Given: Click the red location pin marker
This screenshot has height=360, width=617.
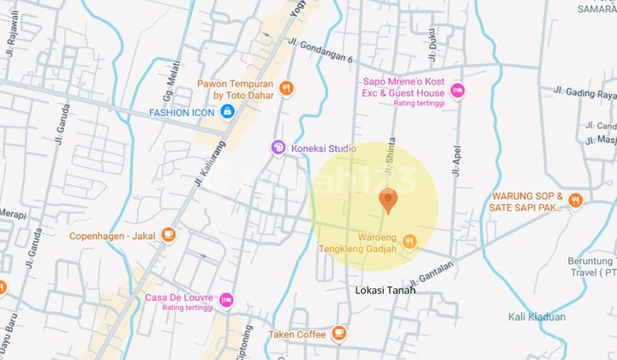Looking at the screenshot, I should coord(387,200).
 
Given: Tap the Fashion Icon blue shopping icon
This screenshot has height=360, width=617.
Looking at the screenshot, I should coord(227,112).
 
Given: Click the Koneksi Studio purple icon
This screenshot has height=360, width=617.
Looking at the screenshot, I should coord(278,147).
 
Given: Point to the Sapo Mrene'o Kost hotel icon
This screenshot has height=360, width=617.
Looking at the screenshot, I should coord(458,88).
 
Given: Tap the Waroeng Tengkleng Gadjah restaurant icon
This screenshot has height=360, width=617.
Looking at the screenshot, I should coord(409,241).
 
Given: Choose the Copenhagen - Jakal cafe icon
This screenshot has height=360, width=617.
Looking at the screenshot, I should coord(168,233).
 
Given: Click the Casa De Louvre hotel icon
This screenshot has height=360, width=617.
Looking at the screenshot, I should coord(225,299).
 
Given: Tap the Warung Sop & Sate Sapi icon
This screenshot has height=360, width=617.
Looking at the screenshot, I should coord(575,201).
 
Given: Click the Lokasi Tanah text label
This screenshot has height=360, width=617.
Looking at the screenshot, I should coord(385,291).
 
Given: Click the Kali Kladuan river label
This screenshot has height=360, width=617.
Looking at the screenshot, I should coord(536,317).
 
